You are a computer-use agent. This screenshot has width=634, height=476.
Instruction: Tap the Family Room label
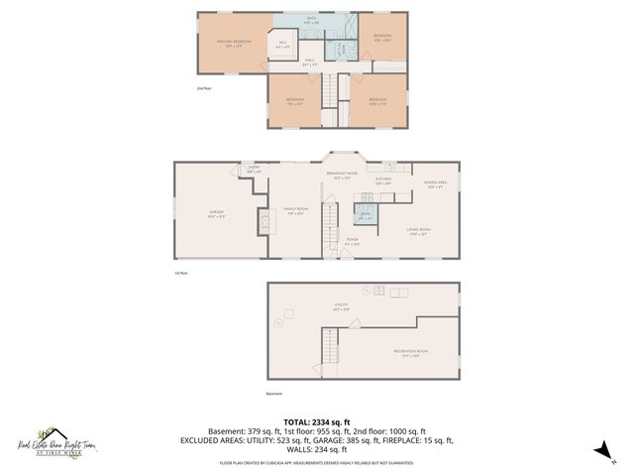click(294, 210)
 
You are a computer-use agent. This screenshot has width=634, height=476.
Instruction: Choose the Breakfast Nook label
click(342, 176)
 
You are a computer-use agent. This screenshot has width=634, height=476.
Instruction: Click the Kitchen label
click(383, 182)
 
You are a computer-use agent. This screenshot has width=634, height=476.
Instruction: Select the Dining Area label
click(434, 184)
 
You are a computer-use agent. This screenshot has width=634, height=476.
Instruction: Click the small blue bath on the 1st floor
click(365, 216)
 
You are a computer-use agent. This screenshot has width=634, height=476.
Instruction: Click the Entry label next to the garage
click(255, 170)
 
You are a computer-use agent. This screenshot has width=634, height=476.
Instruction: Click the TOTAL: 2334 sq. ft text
click(317, 421)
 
